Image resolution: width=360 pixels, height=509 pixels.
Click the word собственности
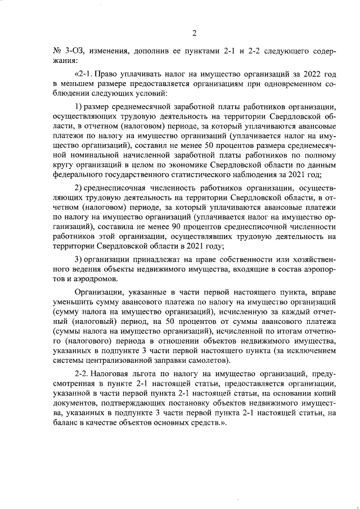pos(218,258)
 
